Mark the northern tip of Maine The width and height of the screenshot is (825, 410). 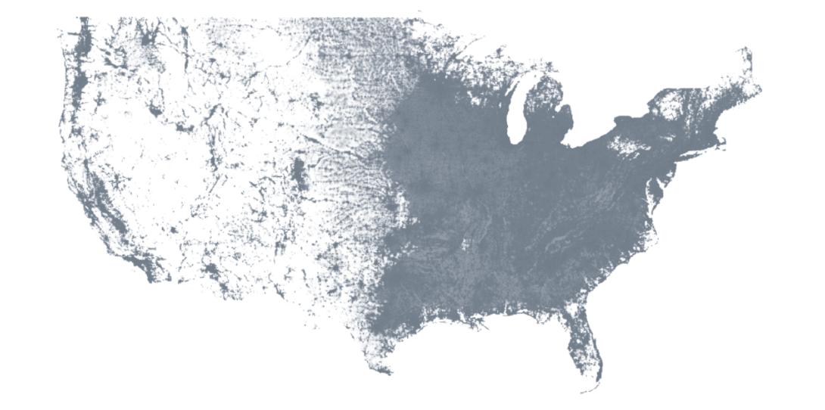(x=746, y=51)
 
